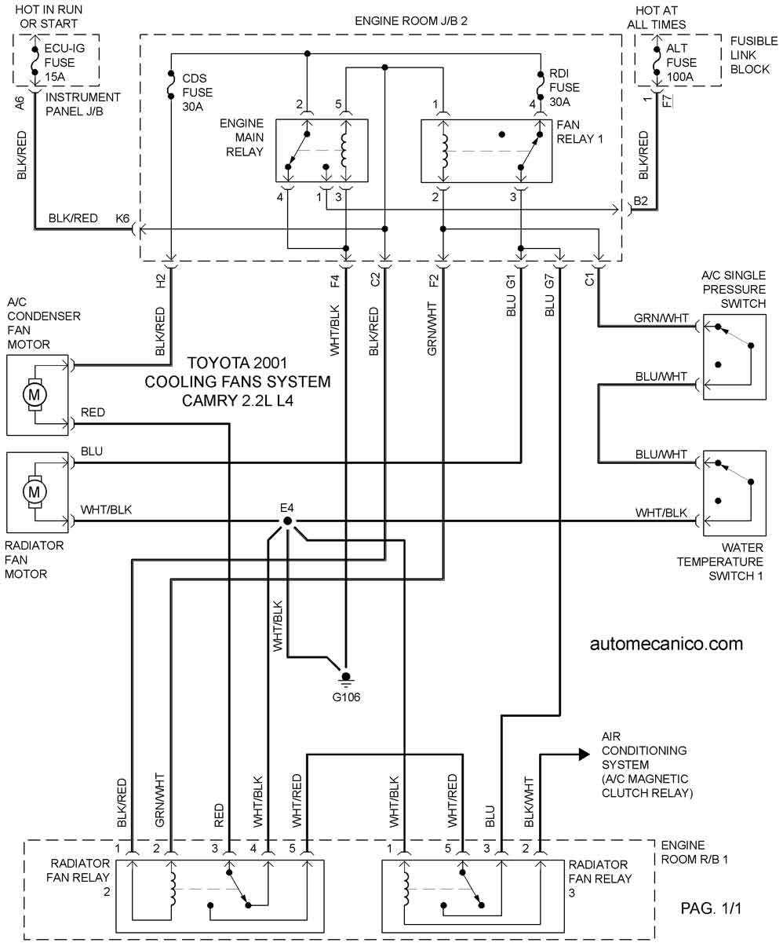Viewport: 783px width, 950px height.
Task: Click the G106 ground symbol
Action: click(x=345, y=680)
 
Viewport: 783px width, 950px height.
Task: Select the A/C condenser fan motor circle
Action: click(x=34, y=394)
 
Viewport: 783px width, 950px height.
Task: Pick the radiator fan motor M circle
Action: click(x=34, y=491)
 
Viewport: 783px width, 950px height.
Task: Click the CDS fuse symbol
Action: click(x=171, y=85)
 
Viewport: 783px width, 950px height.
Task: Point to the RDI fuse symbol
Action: click(x=541, y=86)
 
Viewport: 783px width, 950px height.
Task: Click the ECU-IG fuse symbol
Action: click(x=35, y=60)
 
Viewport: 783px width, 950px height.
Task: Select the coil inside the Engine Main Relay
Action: click(x=344, y=150)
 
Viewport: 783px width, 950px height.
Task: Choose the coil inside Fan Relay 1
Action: click(x=444, y=151)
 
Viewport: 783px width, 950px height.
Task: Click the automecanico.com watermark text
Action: click(x=666, y=644)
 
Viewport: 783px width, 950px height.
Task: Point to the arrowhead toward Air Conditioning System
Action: click(x=585, y=755)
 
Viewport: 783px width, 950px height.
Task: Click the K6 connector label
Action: click(x=122, y=218)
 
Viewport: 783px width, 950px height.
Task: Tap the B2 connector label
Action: click(x=640, y=201)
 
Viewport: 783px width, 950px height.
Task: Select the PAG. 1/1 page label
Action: click(x=711, y=908)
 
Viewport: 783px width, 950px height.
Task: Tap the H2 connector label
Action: click(x=161, y=281)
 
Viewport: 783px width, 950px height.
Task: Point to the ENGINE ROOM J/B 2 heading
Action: click(x=411, y=21)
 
